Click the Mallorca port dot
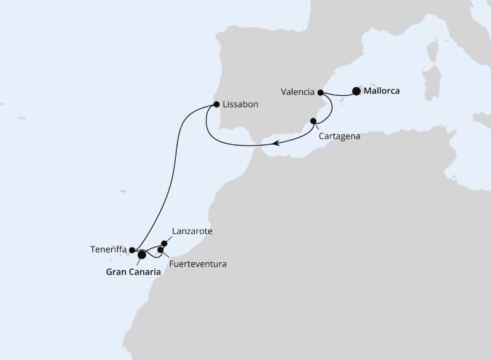point(356,92)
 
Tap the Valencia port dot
point(320,93)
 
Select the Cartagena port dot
point(313,121)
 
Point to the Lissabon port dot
point(216,104)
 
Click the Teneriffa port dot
point(132,250)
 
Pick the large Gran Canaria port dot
point(142,254)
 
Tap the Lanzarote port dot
point(164,243)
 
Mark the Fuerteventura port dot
point(162,250)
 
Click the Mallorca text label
point(382,92)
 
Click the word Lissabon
point(241,104)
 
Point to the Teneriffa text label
point(108,250)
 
